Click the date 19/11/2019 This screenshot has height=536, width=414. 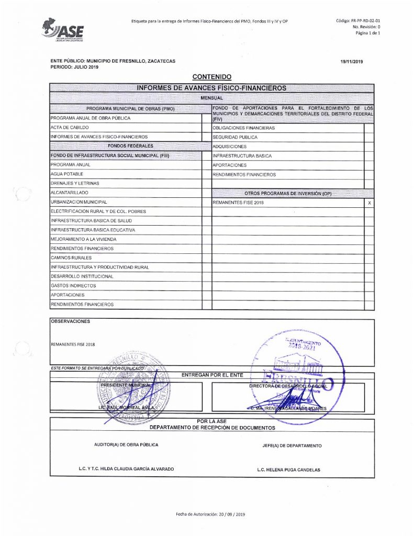[352, 62]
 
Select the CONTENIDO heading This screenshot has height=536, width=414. [211, 77]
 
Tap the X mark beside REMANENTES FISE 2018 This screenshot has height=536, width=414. [370, 202]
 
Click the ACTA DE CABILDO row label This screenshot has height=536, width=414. [70, 128]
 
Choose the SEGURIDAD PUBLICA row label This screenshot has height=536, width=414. [235, 137]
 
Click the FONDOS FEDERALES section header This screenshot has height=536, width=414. [126, 147]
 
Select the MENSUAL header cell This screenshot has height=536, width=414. [211, 98]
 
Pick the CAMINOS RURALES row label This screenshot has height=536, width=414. [71, 258]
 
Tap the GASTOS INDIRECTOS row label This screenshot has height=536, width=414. [73, 286]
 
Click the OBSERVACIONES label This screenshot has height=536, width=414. [71, 321]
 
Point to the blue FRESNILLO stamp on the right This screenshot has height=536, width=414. [293, 374]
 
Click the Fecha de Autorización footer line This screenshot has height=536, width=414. [210, 515]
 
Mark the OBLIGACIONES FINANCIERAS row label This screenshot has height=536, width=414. [243, 128]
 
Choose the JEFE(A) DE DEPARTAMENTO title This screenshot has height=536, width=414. [292, 446]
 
